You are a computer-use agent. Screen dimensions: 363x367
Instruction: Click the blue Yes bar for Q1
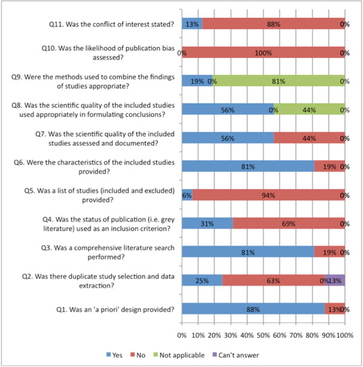[x=253, y=308]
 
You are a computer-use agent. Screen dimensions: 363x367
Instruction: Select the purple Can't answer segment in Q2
[x=335, y=280]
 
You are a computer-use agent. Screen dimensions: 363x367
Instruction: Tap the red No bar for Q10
[x=263, y=53]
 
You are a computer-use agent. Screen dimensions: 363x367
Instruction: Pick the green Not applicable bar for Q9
[x=279, y=81]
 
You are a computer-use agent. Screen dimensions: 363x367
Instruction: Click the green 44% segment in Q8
[x=309, y=109]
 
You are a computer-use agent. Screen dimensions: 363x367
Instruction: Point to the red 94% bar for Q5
[x=269, y=195]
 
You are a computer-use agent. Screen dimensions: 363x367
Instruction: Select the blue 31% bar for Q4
[x=207, y=223]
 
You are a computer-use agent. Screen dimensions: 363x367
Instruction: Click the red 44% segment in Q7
[x=309, y=138]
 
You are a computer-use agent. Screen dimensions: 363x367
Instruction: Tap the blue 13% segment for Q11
[x=192, y=24]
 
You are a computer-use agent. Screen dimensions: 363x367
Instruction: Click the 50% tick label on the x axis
[x=263, y=336]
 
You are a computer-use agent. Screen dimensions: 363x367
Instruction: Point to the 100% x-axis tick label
[x=345, y=336]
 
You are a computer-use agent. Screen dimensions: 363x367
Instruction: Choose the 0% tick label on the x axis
[x=182, y=336]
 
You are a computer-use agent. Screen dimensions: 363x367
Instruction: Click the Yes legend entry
[x=114, y=355]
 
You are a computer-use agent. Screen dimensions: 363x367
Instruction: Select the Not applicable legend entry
[x=179, y=355]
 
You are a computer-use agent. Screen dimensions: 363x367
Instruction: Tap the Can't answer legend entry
[x=235, y=355]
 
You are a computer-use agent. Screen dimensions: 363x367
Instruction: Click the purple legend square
[x=214, y=354]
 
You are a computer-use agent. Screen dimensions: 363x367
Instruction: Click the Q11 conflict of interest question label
[x=111, y=24]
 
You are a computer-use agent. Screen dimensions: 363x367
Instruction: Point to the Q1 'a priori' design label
[x=115, y=310]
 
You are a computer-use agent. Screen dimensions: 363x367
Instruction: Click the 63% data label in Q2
[x=273, y=281]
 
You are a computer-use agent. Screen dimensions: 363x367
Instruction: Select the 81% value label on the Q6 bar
[x=248, y=167]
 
